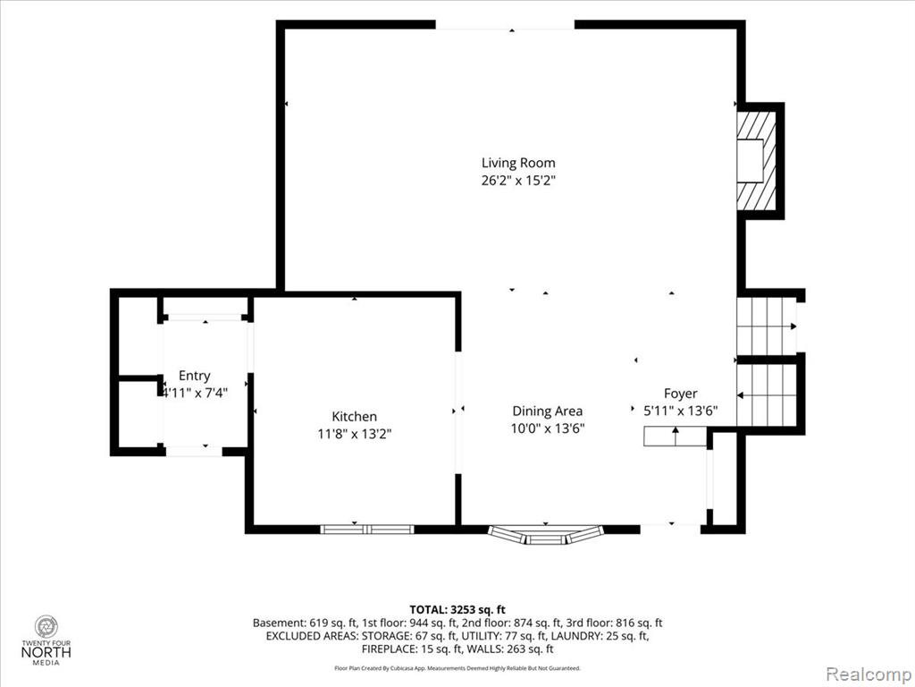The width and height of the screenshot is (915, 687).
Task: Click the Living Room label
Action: click(518, 163)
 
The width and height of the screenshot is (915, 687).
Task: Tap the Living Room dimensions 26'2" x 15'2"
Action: click(518, 181)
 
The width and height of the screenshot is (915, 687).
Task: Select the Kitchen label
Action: click(354, 417)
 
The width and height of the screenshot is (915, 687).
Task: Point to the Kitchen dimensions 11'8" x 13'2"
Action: click(354, 434)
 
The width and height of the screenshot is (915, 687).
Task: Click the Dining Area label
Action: click(548, 411)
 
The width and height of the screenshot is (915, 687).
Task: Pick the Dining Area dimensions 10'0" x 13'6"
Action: click(548, 428)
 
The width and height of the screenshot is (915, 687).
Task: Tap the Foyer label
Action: click(680, 394)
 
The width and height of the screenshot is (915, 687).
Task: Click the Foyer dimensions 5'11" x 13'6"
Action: click(680, 411)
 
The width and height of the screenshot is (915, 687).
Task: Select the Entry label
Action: click(194, 376)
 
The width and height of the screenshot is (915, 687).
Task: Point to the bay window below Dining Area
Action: click(546, 535)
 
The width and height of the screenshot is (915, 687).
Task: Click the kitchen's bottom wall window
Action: click(367, 530)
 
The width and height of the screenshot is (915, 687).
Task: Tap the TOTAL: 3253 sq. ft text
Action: click(457, 610)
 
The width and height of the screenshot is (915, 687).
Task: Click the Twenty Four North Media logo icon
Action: click(46, 626)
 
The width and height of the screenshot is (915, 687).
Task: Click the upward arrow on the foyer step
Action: click(676, 436)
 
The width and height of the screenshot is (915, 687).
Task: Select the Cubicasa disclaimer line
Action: click(457, 667)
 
